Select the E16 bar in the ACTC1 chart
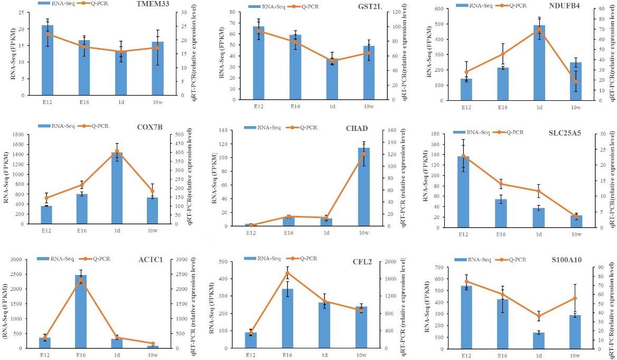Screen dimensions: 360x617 click(x=81, y=311)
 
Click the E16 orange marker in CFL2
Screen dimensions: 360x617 click(x=288, y=272)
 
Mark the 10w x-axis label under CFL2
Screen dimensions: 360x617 click(x=363, y=356)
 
